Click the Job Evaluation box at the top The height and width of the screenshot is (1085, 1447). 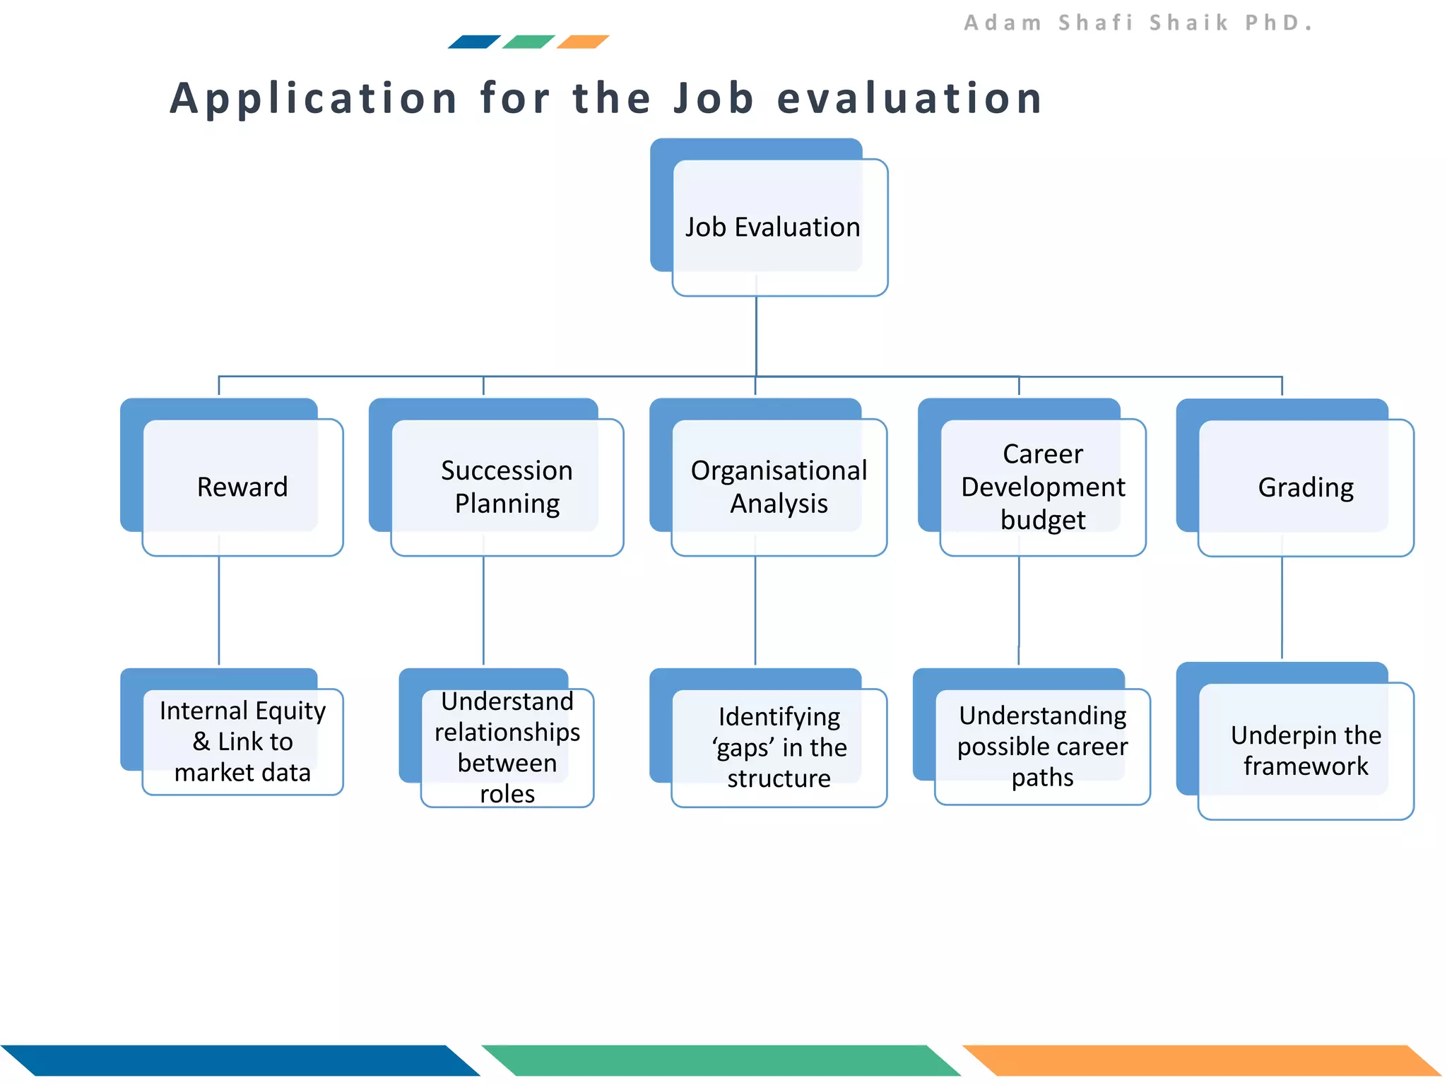(772, 227)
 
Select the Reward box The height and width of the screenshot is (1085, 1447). (242, 487)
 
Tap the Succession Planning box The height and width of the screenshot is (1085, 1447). (507, 487)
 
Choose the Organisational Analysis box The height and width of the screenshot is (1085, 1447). (779, 487)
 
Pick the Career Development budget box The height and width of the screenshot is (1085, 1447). (1043, 487)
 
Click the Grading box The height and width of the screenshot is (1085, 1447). (1306, 487)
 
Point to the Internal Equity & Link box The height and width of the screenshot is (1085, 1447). (242, 741)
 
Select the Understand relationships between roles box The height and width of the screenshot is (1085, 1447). (507, 747)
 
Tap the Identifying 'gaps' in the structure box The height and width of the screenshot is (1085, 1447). (779, 747)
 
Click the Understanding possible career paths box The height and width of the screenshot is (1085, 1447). (1042, 746)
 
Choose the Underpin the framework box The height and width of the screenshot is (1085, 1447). (1306, 750)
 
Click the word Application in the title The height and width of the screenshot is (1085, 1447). (314, 98)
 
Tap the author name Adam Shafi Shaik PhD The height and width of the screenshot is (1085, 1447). (1138, 23)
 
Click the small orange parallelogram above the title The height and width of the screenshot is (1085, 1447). (583, 42)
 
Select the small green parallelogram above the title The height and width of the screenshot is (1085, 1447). (528, 42)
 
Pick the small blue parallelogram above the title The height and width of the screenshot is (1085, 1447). (474, 42)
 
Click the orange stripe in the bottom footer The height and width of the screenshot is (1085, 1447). (1201, 1060)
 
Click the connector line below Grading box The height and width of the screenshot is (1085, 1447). (1282, 607)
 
